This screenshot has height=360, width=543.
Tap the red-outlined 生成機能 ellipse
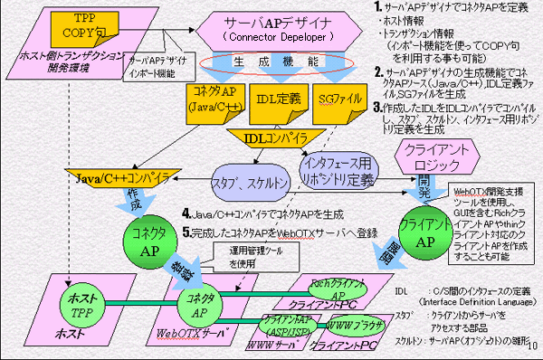tap(267, 62)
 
